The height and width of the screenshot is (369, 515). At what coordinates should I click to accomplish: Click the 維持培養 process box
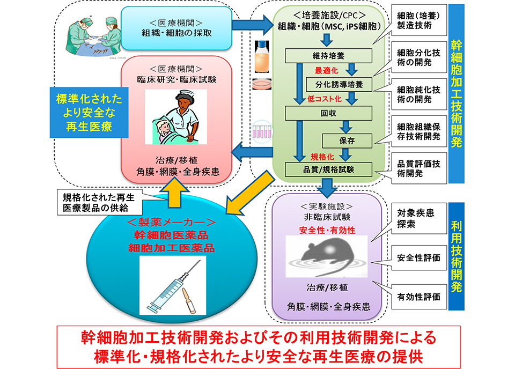point(328,55)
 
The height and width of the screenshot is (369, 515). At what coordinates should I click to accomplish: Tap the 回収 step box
point(328,113)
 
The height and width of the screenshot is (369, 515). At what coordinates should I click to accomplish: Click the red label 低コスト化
point(325,99)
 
